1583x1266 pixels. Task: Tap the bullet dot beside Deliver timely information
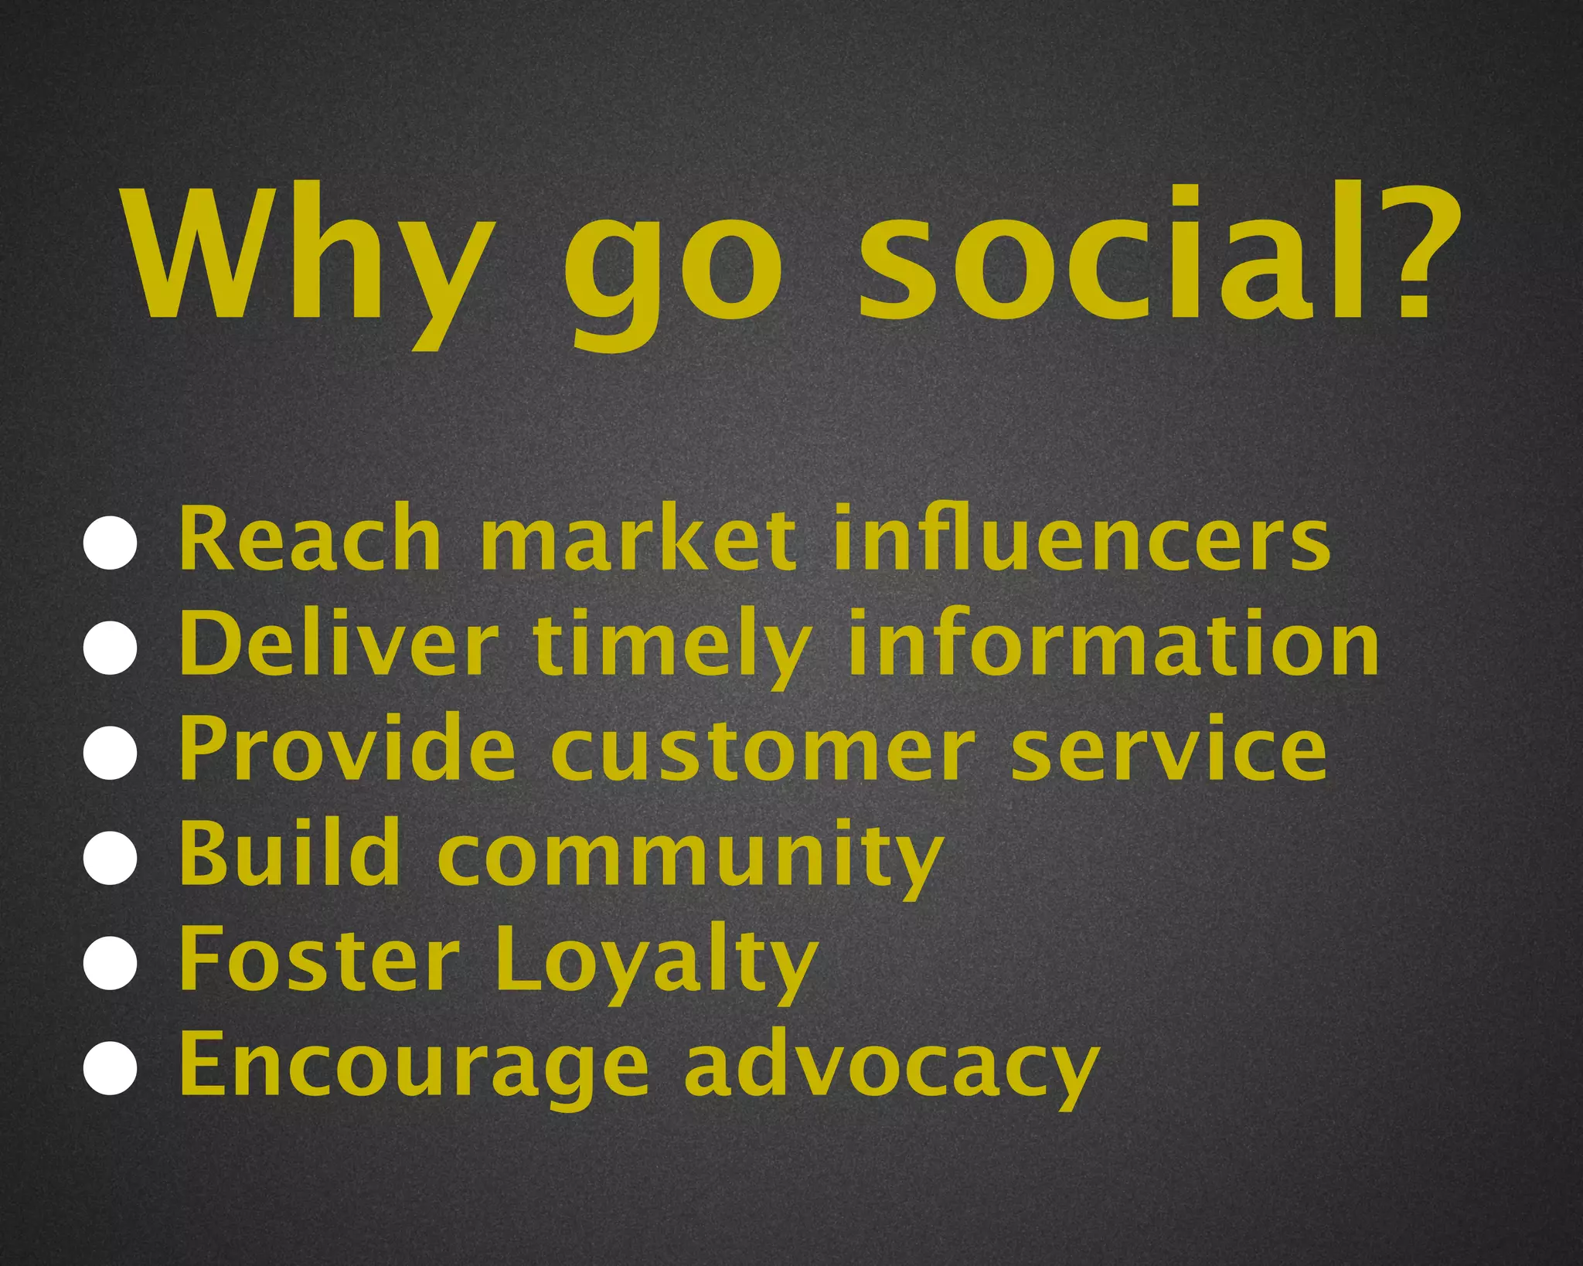[111, 648]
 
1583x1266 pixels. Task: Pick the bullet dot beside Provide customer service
[111, 753]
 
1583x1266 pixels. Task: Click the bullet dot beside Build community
[111, 858]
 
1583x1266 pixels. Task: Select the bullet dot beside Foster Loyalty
[111, 963]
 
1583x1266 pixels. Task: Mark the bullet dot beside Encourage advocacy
[111, 1068]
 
